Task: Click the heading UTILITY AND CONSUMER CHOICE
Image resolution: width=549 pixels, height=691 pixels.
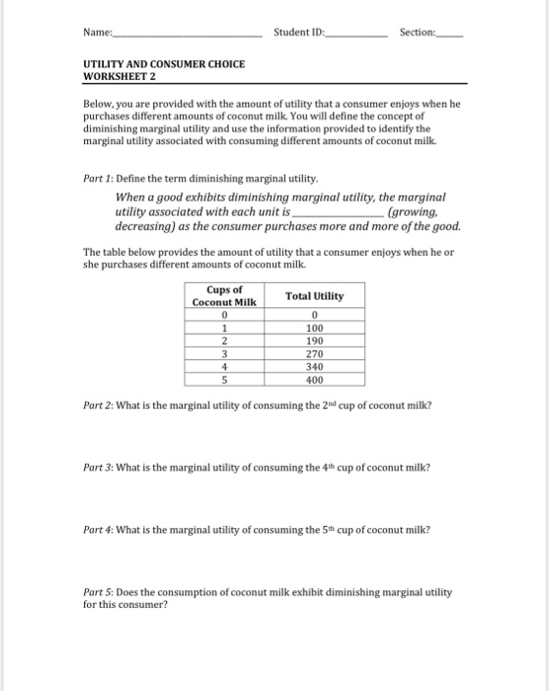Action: coord(164,64)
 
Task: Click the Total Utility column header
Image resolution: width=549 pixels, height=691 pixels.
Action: coord(314,296)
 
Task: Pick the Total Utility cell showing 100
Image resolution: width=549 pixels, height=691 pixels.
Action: coord(314,328)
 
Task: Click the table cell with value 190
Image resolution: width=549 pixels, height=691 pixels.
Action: coord(314,341)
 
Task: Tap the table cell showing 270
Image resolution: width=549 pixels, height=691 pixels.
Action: coord(314,353)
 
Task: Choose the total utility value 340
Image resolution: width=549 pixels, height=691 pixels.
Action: coord(314,366)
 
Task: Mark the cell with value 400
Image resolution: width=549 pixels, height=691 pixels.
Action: coord(314,379)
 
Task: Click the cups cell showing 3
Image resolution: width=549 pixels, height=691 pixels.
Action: coord(225,353)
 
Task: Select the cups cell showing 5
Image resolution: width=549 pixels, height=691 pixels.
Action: coord(225,379)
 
